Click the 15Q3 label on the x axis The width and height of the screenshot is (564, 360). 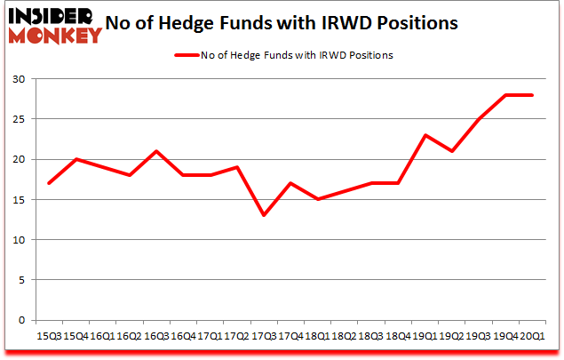click(50, 336)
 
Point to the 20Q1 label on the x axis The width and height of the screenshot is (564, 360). click(532, 336)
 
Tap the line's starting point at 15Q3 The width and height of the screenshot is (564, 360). click(50, 183)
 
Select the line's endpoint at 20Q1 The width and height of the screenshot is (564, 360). click(532, 95)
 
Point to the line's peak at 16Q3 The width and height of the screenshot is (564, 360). click(155, 151)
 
